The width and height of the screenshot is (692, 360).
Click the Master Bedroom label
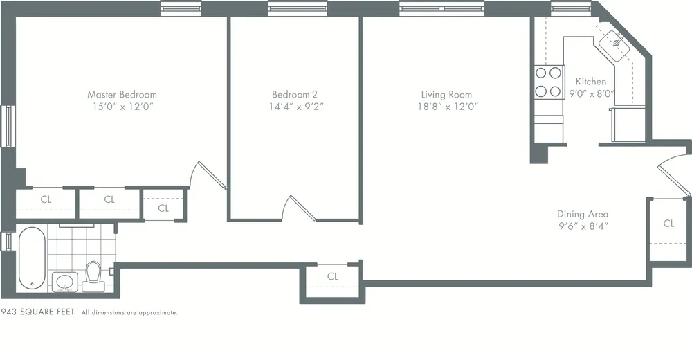[122, 94]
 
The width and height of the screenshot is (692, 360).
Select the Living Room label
[446, 94]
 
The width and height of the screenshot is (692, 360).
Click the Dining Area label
[583, 214]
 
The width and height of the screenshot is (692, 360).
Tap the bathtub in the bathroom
[32, 258]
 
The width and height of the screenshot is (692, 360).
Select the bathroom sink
[66, 282]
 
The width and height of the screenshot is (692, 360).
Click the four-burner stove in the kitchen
[548, 81]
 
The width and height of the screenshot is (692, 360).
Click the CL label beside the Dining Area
[668, 223]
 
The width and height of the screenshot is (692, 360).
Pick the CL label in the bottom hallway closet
[332, 276]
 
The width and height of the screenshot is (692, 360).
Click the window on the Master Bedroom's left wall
[8, 125]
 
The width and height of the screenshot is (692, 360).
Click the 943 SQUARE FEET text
[38, 313]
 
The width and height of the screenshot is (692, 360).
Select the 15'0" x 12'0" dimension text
[122, 107]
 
